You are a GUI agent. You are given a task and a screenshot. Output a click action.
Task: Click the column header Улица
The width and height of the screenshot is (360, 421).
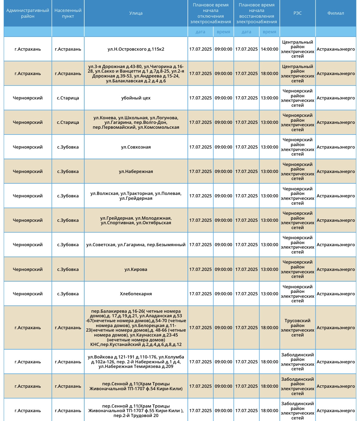point(136,13)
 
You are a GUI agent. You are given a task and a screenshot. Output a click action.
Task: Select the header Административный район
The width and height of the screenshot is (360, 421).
point(27,13)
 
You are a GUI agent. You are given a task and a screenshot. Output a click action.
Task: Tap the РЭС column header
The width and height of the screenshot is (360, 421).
point(297,13)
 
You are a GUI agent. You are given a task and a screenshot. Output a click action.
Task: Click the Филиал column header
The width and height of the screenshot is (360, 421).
point(336,13)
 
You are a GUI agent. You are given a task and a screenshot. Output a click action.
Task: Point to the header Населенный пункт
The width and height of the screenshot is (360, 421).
point(68,13)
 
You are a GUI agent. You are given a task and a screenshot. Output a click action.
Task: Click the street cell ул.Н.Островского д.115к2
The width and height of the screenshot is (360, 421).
point(136,49)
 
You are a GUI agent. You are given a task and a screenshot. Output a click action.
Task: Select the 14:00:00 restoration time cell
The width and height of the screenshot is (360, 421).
point(269,49)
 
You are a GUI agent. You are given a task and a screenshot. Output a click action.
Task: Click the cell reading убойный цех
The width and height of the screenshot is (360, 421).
point(136,98)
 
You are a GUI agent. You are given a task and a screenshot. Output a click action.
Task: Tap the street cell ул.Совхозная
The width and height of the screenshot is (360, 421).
point(136,147)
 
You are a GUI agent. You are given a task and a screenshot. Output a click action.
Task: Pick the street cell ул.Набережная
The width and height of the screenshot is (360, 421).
point(136,171)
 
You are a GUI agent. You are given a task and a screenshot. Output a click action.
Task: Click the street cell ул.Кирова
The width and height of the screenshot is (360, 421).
point(136,269)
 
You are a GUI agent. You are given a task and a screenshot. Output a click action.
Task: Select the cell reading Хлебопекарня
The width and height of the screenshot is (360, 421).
point(136,294)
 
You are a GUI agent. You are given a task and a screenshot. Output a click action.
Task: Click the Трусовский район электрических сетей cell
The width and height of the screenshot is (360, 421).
point(297,328)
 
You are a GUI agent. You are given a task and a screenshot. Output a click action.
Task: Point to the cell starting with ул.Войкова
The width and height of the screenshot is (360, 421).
point(136,362)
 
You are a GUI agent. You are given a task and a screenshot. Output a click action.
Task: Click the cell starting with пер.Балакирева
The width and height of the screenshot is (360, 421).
point(136,328)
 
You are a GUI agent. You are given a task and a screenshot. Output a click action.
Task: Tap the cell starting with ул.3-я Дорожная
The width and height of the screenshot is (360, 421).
point(136,74)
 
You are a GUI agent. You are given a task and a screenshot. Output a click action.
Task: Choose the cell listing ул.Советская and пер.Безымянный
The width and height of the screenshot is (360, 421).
point(136,245)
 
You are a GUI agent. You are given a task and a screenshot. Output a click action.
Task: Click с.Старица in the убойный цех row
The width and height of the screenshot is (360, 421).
point(68,98)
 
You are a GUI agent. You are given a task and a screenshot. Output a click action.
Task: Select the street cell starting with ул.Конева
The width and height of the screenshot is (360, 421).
point(136,122)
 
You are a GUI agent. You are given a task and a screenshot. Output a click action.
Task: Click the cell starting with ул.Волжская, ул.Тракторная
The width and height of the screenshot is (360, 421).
point(136,196)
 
